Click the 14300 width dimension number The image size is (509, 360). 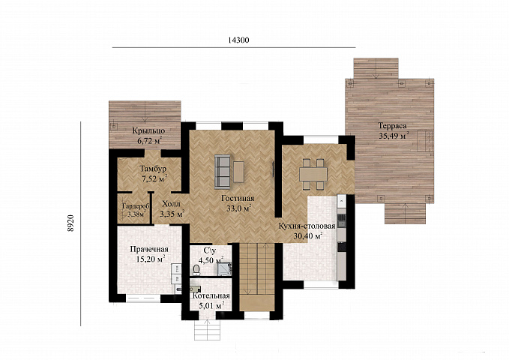coord(238,40)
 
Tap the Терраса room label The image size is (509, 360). coord(392,125)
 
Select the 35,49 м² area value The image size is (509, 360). coord(394,136)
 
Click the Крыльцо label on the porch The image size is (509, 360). coord(148,130)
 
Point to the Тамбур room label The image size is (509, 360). coord(153,169)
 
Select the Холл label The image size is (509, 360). coord(171,204)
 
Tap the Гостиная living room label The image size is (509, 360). coord(238,198)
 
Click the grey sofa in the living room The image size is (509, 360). coord(223,172)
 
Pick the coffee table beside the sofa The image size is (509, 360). coord(238,172)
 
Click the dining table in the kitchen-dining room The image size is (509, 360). coord(313,174)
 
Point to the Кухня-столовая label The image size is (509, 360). coord(307,226)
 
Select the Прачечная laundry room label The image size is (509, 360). coord(149,249)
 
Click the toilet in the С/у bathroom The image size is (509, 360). coord(196,269)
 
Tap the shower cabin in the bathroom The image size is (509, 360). coord(225,268)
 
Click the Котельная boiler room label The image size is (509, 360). coord(211,296)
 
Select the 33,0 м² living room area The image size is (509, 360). coord(239,208)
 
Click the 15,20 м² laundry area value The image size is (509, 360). coord(151,259)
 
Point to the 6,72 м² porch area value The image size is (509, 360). coord(149,141)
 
